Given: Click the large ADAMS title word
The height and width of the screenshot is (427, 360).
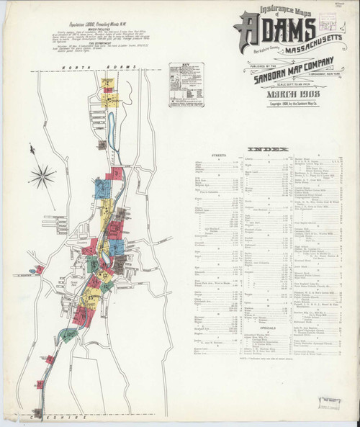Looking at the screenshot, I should (274, 31).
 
